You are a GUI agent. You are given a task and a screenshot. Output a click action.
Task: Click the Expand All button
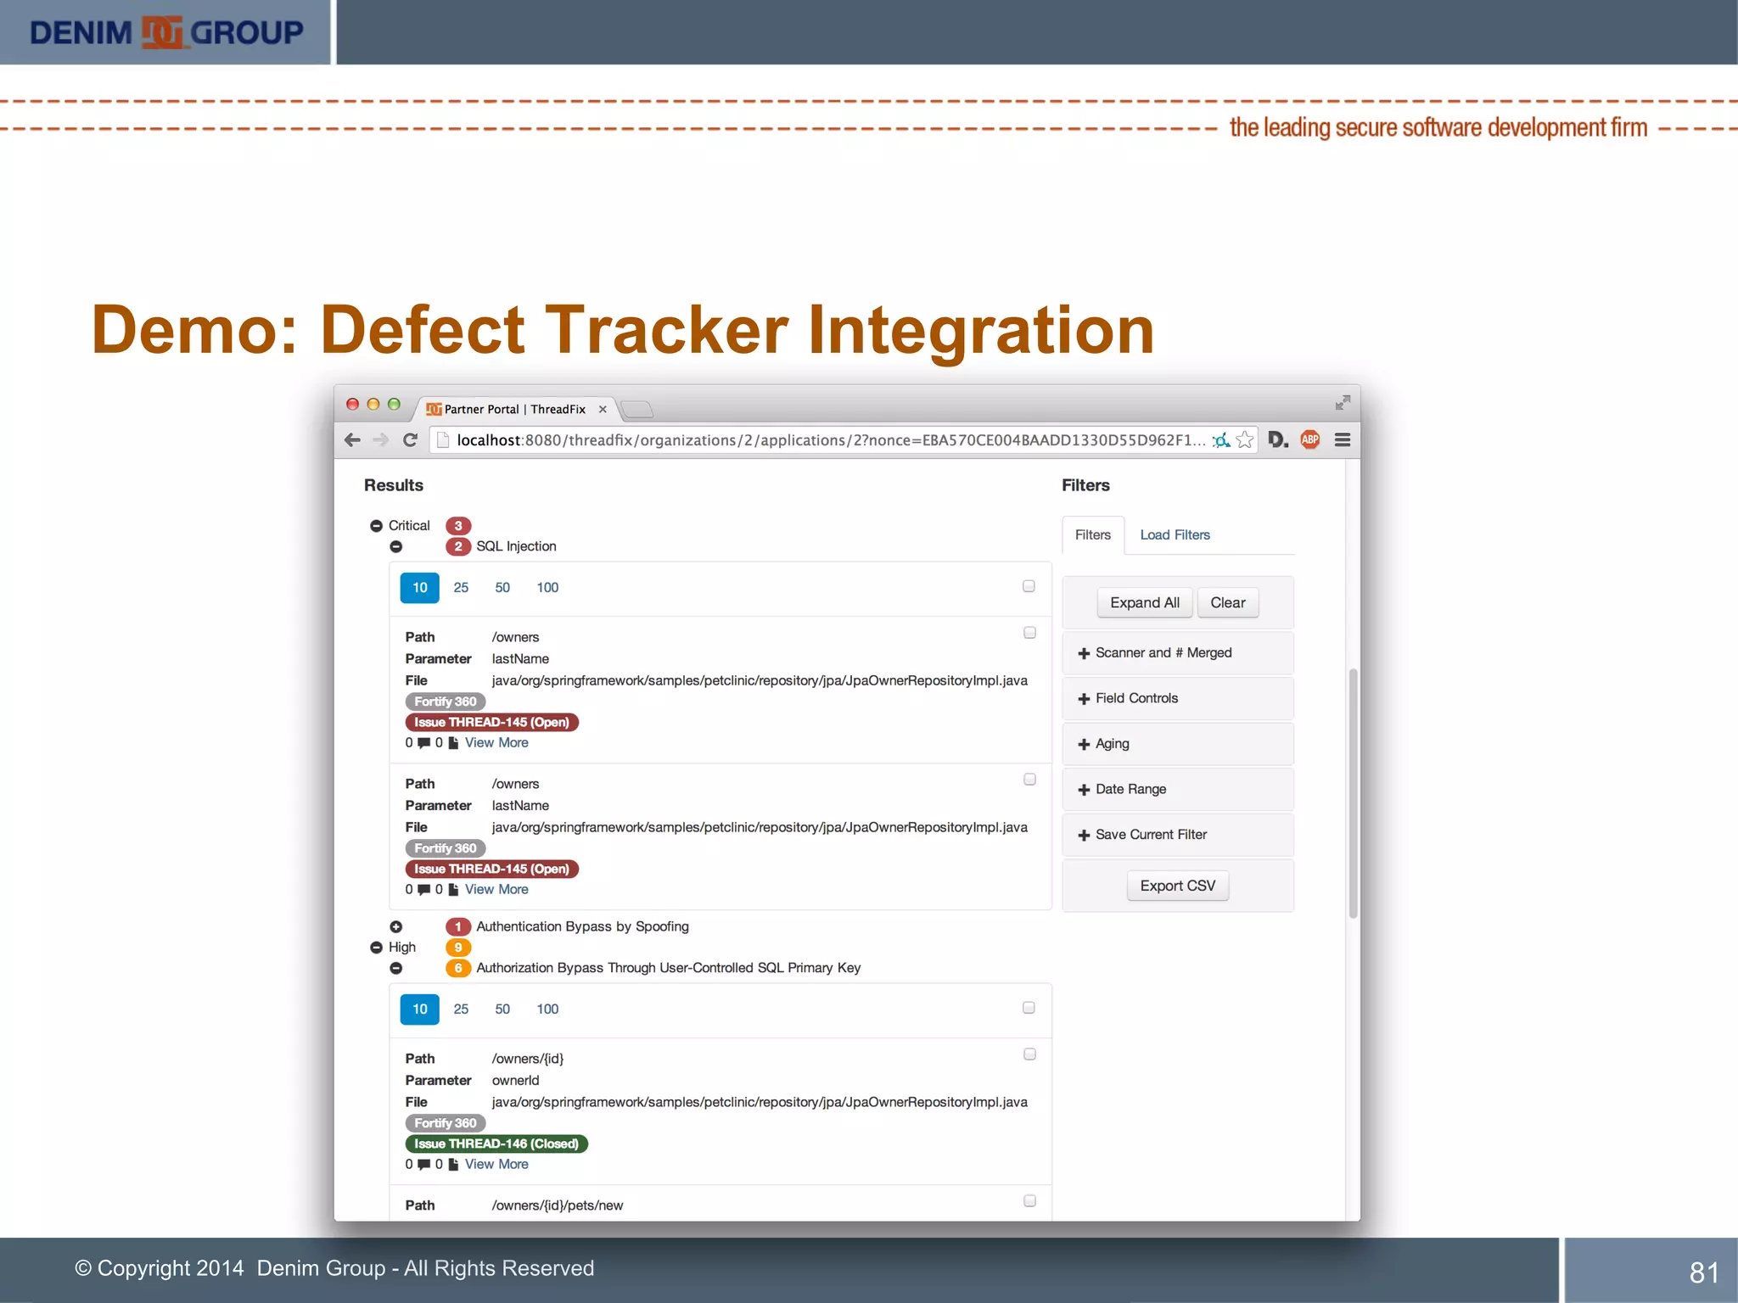1144,603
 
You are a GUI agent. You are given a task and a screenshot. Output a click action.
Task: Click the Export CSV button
1177,886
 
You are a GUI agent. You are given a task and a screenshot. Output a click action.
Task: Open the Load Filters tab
1175,535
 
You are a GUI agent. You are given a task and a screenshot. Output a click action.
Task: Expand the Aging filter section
1112,744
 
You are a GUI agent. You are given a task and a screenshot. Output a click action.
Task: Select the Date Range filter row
1130,789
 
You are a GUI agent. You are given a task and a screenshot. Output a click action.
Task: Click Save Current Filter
1150,835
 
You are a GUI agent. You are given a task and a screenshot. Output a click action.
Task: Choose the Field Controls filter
1135,698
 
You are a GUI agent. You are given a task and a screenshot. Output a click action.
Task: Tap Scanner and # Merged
1163,653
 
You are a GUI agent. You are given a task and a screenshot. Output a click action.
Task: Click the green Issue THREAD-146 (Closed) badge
496,1144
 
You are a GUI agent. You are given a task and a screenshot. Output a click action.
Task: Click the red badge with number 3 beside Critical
458,526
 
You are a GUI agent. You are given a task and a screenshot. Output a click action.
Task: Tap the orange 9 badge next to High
458,948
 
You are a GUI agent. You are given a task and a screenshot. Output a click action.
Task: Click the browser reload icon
411,439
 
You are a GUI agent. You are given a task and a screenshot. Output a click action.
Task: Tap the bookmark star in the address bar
1245,439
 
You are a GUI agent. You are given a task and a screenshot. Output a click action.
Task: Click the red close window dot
352,405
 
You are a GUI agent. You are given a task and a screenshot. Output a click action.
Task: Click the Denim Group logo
166,32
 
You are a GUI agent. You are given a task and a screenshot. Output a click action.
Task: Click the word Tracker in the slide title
666,330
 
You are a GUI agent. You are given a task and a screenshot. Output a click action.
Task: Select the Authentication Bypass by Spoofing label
582,926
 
